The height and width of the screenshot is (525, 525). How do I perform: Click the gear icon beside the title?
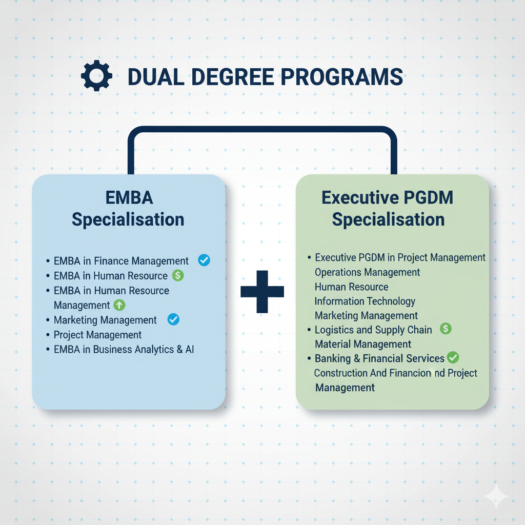96,77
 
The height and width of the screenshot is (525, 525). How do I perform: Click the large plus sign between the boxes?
262,291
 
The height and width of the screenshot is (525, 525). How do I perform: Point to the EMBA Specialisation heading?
128,209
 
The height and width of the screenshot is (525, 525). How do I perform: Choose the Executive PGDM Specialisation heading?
388,209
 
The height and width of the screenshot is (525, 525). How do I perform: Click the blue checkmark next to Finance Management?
204,260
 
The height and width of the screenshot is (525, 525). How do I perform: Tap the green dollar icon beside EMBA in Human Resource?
177,275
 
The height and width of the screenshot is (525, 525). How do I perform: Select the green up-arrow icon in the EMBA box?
119,305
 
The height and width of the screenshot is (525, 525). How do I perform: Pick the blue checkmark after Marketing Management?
174,320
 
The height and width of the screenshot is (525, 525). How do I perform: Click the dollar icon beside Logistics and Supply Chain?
446,329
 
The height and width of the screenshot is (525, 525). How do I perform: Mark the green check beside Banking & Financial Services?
453,357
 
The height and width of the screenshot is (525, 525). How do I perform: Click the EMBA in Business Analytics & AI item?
124,350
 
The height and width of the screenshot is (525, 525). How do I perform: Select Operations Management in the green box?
367,272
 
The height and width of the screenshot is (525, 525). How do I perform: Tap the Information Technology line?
365,301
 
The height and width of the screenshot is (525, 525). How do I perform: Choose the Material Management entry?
363,344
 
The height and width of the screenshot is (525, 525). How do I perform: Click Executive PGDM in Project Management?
400,257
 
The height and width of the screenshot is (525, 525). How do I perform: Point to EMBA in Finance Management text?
121,261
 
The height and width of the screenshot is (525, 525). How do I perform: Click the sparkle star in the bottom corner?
496,497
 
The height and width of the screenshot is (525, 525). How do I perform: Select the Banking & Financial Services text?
379,358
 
